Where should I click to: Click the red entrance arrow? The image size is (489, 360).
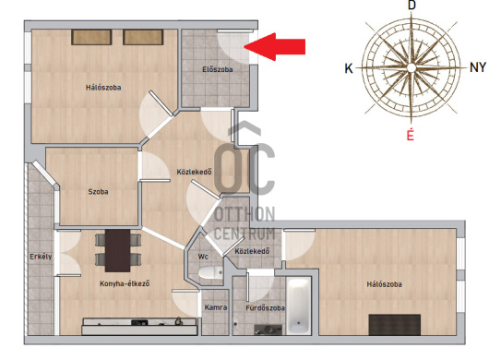(x=274, y=46)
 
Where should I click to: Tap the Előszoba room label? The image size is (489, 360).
(x=218, y=69)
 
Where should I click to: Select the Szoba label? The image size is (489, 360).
(x=98, y=192)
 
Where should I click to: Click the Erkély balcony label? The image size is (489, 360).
(x=41, y=257)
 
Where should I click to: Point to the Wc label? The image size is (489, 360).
(x=203, y=257)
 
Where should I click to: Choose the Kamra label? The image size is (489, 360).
(x=216, y=307)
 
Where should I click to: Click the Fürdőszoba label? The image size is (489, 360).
(x=265, y=308)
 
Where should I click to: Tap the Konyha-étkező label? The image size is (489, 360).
(x=125, y=283)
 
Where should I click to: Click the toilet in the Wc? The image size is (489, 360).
(x=210, y=273)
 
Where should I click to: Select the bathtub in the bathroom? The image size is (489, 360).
(x=299, y=306)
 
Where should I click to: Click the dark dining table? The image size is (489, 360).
(x=117, y=251)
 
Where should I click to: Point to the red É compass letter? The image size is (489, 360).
(x=411, y=135)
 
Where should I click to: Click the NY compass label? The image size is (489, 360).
(x=478, y=67)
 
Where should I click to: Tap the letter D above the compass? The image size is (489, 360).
(x=412, y=6)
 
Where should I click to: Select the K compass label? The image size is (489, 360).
(x=349, y=68)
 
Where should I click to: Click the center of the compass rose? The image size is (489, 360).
(x=411, y=67)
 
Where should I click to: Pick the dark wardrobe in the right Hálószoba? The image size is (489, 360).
(x=395, y=325)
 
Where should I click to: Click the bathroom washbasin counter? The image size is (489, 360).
(x=268, y=330)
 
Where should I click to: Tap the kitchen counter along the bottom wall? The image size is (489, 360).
(x=139, y=327)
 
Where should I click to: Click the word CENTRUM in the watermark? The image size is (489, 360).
(x=244, y=234)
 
